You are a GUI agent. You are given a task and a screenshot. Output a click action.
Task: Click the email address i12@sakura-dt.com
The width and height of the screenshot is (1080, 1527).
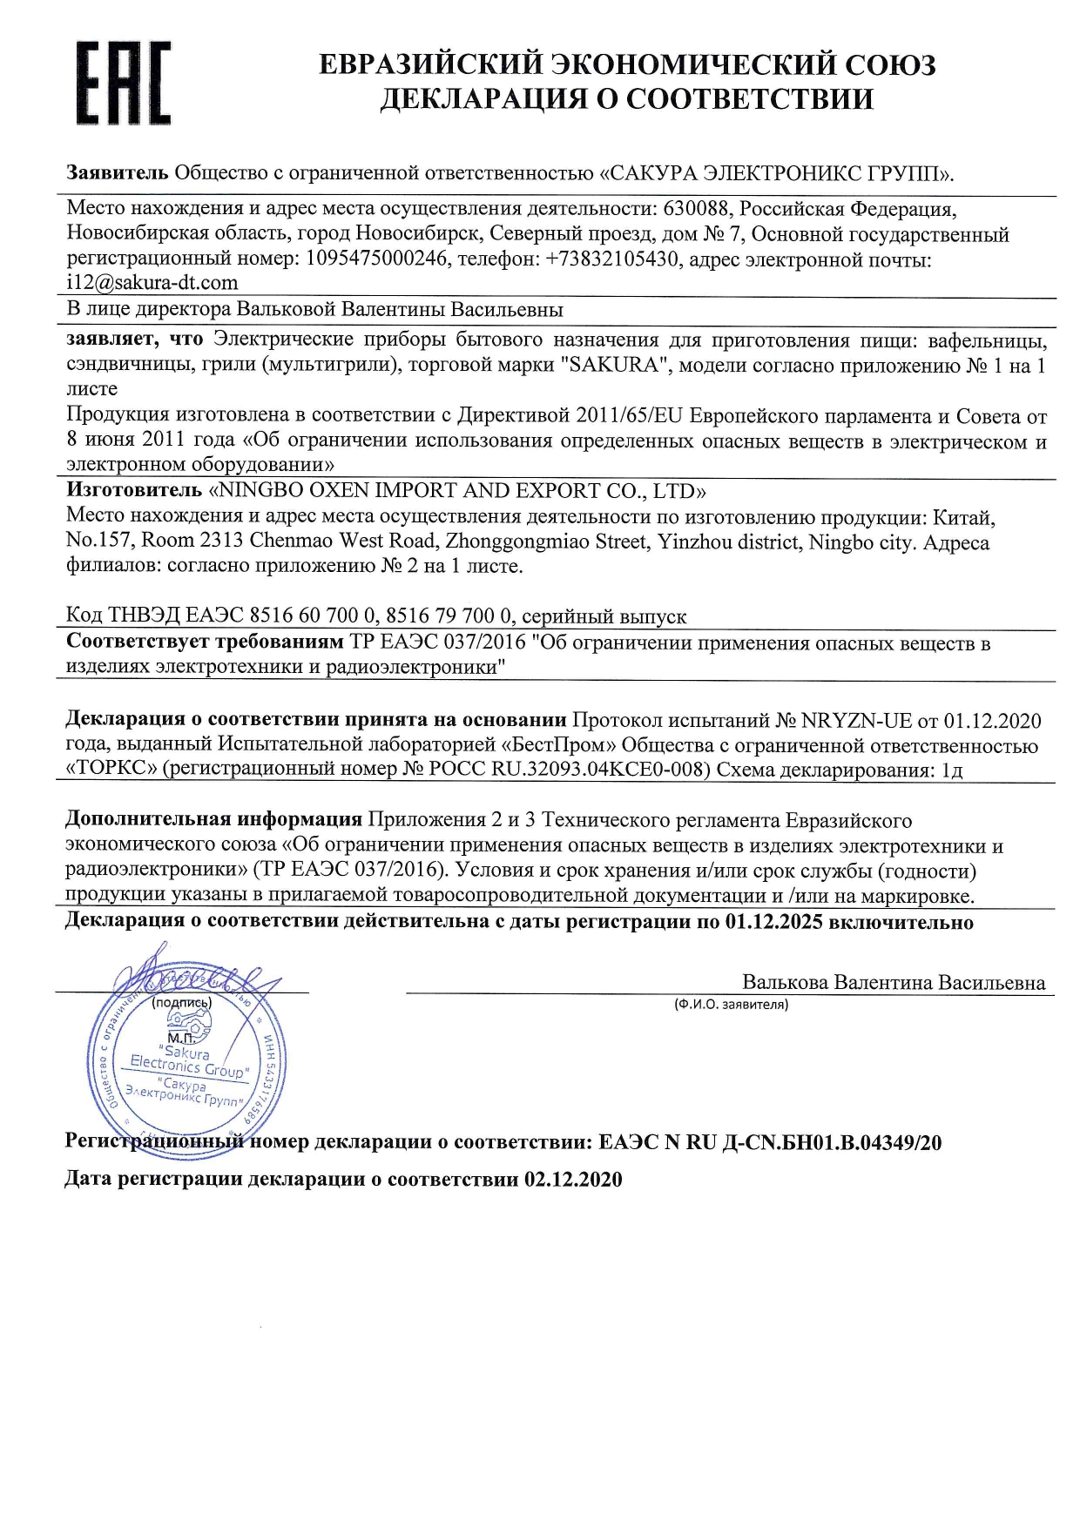click(x=152, y=282)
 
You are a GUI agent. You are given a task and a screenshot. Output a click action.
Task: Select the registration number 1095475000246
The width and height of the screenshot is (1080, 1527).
click(x=377, y=259)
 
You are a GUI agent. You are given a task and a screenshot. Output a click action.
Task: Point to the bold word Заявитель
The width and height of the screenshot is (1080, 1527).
click(x=118, y=172)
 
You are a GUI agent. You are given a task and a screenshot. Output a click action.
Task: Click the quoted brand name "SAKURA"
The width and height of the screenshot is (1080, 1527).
click(x=613, y=365)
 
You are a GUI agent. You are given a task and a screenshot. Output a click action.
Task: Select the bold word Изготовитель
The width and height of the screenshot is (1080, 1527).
click(x=134, y=491)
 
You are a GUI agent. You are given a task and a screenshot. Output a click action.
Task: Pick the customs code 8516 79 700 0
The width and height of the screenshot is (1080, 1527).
click(x=449, y=616)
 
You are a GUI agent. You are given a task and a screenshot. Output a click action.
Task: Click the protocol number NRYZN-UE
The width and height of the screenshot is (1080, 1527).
click(x=856, y=721)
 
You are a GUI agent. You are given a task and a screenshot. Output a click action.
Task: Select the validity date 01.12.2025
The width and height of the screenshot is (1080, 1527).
click(x=773, y=922)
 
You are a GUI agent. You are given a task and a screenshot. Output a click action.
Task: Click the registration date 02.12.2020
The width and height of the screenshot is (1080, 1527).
click(x=573, y=1180)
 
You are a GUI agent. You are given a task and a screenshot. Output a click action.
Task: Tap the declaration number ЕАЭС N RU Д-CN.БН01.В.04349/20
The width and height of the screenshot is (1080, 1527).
click(x=770, y=1142)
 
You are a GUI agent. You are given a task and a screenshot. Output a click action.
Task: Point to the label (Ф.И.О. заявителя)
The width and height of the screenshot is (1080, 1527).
click(x=731, y=1005)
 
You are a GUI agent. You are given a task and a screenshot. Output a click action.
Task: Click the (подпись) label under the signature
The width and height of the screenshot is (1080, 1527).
click(x=181, y=1002)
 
